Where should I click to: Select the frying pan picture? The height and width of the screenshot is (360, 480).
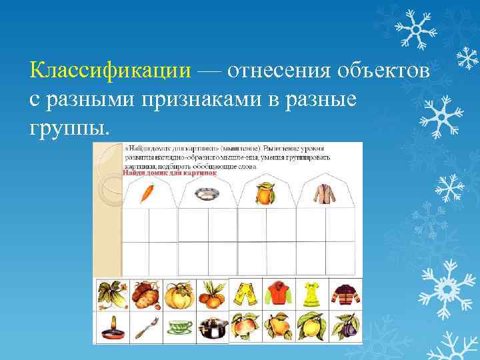111,326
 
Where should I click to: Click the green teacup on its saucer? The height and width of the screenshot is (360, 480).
179,327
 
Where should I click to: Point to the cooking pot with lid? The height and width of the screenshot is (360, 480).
212,327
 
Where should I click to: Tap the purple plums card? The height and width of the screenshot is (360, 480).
346,327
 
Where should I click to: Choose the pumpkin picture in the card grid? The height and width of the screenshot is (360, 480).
179,293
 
